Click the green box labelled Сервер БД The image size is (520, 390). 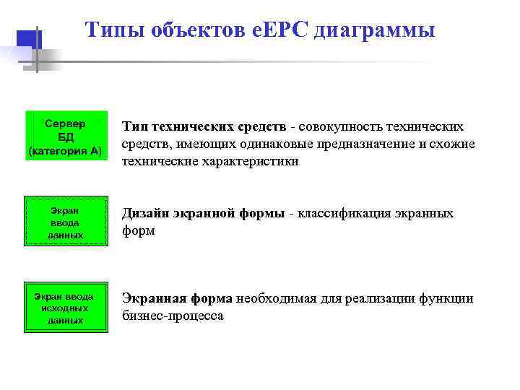pos(66,135)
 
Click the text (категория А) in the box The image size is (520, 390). pos(66,150)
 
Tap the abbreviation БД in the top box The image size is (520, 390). pos(66,137)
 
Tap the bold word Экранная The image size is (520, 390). pos(150,299)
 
